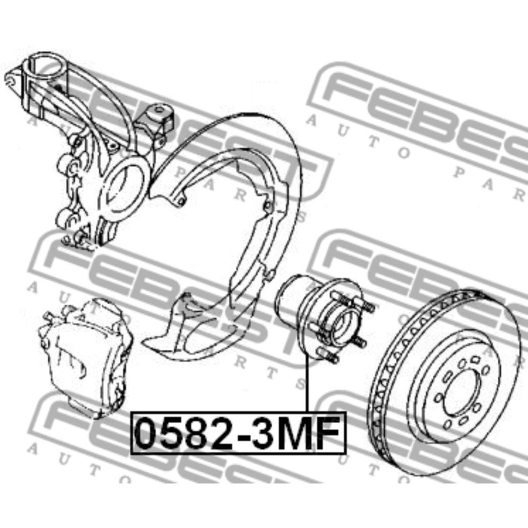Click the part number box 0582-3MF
238,433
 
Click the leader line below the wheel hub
307,383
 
